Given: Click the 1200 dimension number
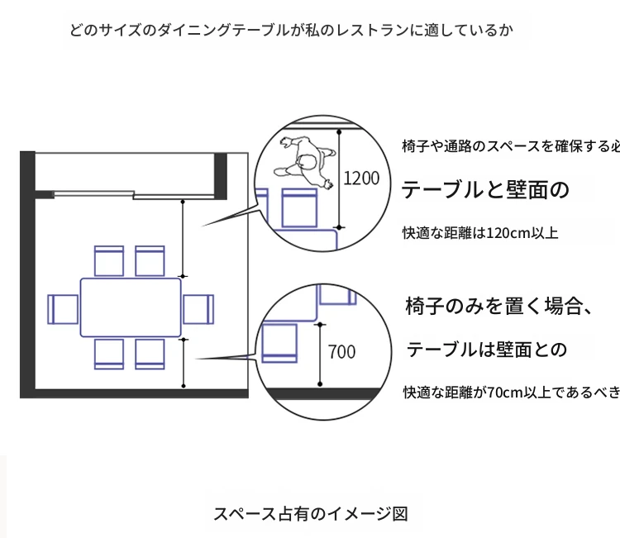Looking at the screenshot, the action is [361, 179].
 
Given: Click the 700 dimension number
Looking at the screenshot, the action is [341, 352].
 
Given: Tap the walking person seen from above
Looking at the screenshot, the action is [305, 163].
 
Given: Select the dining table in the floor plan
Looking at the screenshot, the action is [131, 307].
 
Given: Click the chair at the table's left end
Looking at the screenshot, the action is [63, 309].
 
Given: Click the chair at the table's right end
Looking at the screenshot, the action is [198, 309].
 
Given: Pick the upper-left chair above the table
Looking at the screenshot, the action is [109, 261].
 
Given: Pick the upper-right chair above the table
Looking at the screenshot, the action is [150, 261].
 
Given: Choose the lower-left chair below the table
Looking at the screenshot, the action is [109, 355].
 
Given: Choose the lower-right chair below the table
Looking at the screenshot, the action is [150, 355].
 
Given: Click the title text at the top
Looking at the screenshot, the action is [292, 31].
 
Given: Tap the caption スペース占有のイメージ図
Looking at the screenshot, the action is [311, 514].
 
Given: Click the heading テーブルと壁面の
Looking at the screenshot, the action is [485, 190].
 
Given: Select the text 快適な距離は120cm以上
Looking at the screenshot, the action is [480, 233].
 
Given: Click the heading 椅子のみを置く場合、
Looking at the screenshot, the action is [498, 306].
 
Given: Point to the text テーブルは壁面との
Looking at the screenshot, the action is [487, 350].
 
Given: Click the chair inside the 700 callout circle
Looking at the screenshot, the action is [279, 343].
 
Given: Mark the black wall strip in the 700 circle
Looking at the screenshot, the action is [323, 393].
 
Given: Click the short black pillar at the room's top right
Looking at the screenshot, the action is [221, 176].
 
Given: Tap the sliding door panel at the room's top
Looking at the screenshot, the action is [94, 193].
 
